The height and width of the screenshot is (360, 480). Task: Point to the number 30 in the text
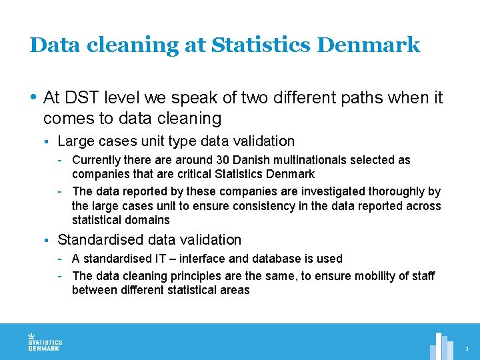(223, 160)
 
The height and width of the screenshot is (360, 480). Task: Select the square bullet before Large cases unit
(47, 141)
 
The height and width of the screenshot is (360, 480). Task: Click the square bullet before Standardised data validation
(47, 240)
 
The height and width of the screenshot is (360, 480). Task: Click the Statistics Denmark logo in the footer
(44, 341)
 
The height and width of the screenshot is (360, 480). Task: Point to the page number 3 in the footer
(467, 349)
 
